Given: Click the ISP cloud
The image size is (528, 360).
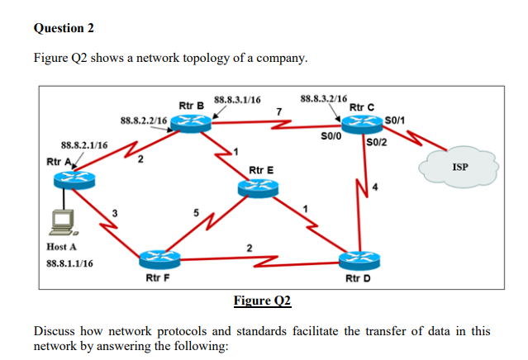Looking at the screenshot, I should coord(460,168).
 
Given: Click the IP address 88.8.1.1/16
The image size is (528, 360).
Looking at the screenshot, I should coord(69,263).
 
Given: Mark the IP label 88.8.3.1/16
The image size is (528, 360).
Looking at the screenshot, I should coord(237,101).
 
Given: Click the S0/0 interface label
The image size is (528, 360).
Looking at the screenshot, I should coord(331,135).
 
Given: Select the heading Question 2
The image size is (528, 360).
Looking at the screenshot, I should coord(64,29).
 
